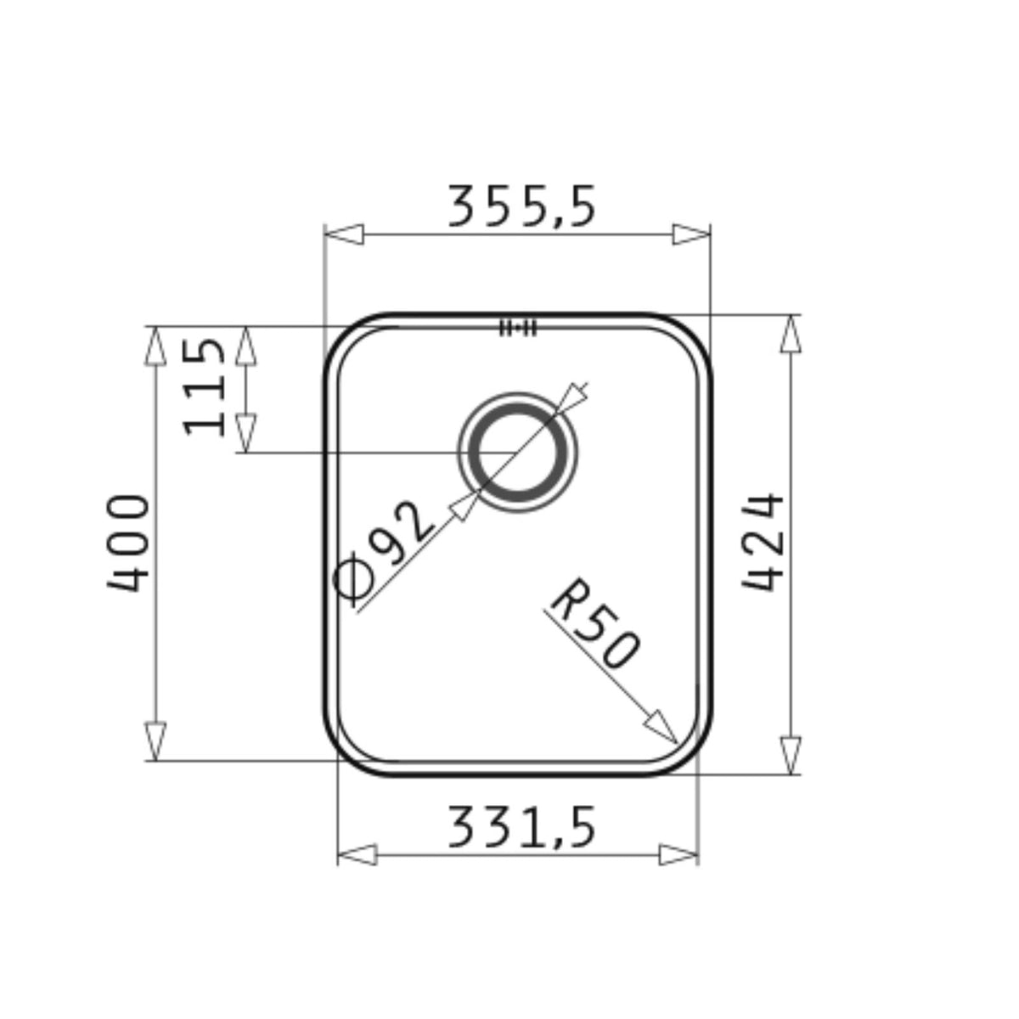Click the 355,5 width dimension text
point(521,206)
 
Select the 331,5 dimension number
point(521,826)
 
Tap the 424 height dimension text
point(762,542)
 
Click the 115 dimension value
point(204,387)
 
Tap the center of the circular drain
point(517,453)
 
